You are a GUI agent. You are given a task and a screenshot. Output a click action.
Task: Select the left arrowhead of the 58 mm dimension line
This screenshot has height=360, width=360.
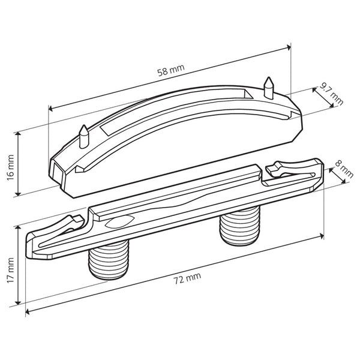(50, 109)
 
